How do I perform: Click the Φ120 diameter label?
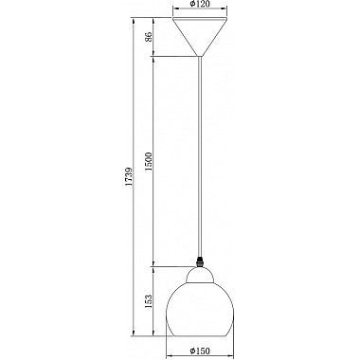200,4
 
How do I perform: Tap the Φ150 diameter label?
200,351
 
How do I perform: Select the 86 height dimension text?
149,37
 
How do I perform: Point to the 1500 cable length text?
149,161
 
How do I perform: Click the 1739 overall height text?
129,176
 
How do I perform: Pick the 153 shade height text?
149,301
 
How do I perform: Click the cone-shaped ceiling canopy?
200,37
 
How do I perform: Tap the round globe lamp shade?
200,309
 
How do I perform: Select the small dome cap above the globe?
200,274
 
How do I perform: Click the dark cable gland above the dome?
200,261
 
